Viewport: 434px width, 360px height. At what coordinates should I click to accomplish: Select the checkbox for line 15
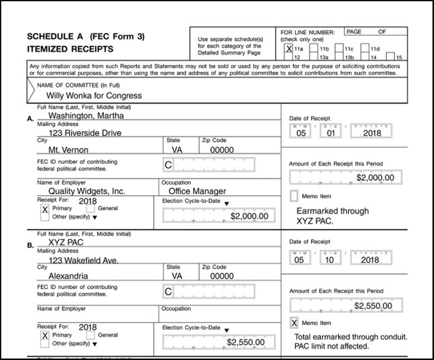point(391,57)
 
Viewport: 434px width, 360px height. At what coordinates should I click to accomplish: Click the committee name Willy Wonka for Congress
point(94,96)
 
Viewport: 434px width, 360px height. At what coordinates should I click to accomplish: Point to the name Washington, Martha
point(86,116)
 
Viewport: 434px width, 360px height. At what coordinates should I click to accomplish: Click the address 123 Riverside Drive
point(85,133)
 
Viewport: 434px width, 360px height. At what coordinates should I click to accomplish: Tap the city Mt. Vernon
point(68,150)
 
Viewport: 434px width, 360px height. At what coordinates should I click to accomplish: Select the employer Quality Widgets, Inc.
point(87,191)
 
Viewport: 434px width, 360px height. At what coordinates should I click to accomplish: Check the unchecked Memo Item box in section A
point(294,196)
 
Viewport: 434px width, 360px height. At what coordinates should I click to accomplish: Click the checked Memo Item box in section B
point(294,323)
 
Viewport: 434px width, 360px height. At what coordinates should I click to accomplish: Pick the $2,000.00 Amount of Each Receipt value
point(375,178)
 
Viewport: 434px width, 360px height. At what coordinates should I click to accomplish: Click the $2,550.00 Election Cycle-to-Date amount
point(246,342)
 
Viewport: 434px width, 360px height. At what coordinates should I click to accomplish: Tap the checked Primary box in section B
point(45,335)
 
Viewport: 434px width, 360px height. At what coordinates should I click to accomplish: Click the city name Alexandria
point(68,276)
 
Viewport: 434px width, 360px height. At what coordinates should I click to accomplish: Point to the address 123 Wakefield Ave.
point(84,260)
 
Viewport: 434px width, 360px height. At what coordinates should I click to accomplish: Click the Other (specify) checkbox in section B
point(45,344)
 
